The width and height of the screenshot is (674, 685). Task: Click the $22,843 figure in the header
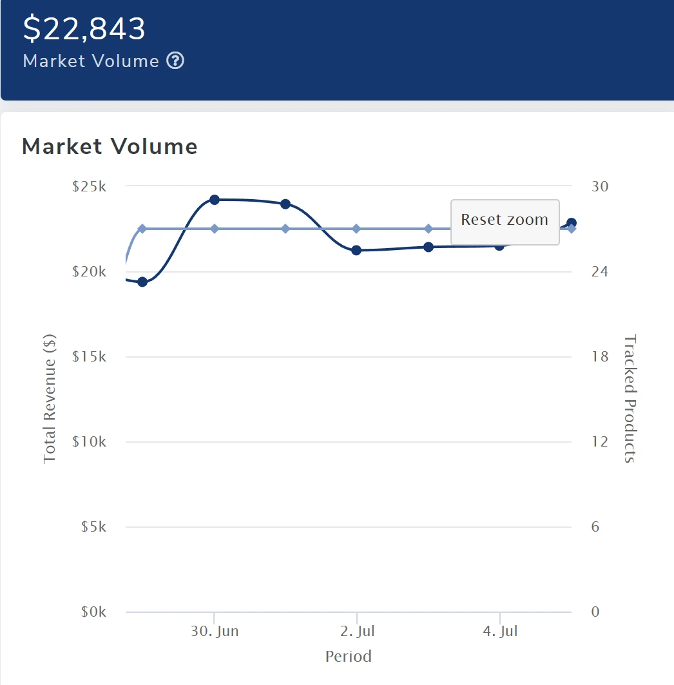pyautogui.click(x=84, y=28)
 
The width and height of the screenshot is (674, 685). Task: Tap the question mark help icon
pyautogui.click(x=175, y=61)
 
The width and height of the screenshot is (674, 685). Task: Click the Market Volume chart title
pyautogui.click(x=110, y=146)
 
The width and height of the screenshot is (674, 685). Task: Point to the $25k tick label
pyautogui.click(x=90, y=186)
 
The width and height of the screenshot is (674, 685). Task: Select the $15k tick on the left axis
pyautogui.click(x=90, y=356)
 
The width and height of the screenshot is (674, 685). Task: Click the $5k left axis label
pyautogui.click(x=93, y=526)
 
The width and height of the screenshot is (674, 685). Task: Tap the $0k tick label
pyautogui.click(x=93, y=612)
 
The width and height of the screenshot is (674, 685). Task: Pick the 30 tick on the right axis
pyautogui.click(x=599, y=186)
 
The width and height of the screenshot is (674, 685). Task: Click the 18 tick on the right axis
pyautogui.click(x=599, y=356)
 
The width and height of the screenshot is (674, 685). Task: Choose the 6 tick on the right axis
pyautogui.click(x=595, y=526)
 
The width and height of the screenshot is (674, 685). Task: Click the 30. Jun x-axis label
pyautogui.click(x=215, y=631)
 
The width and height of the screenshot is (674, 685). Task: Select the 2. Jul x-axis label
pyautogui.click(x=358, y=631)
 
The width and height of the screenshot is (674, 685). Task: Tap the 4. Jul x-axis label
pyautogui.click(x=501, y=631)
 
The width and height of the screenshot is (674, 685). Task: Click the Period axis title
pyautogui.click(x=349, y=657)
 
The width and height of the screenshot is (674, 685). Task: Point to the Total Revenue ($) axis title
pyautogui.click(x=50, y=398)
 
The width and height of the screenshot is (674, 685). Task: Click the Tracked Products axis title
pyautogui.click(x=630, y=398)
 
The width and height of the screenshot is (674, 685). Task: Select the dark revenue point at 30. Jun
pyautogui.click(x=215, y=200)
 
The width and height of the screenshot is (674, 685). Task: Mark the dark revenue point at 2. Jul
pyautogui.click(x=356, y=250)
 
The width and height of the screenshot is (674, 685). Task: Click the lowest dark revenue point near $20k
pyautogui.click(x=142, y=282)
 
